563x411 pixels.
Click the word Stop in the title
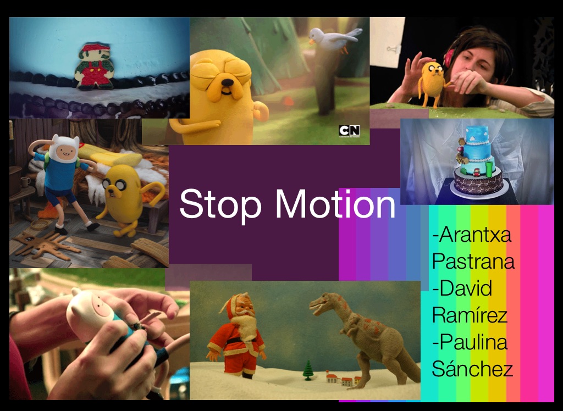pos(220,204)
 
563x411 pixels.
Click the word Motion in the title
pos(335,203)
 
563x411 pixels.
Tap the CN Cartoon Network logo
pos(349,131)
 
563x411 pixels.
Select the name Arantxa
pos(472,235)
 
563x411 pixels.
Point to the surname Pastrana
pos(473,261)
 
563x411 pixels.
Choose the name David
pos(462,288)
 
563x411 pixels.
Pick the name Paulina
pos(470,342)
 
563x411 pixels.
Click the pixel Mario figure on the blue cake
pos(95,66)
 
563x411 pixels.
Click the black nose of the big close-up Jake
pos(227,83)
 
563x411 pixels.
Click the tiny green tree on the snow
pos(307,370)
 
